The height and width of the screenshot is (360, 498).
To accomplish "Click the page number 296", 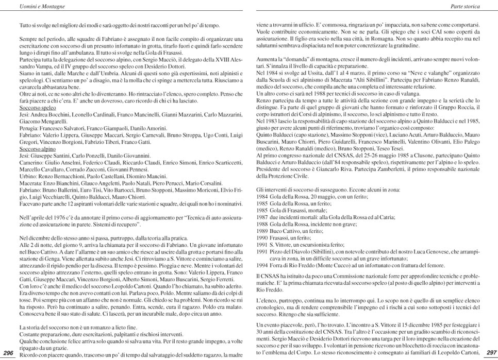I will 9,352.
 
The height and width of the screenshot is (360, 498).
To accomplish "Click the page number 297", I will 490,352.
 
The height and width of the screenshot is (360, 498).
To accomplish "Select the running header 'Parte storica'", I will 465,6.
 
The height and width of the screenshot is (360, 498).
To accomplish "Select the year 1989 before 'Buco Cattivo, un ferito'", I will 262,231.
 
